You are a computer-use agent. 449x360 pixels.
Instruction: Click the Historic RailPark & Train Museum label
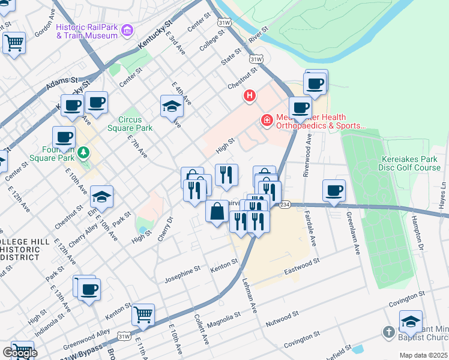pyautogui.click(x=86, y=31)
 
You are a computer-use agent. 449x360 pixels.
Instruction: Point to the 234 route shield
pyautogui.click(x=284, y=205)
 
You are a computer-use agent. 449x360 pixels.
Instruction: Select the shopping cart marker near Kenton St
pyautogui.click(x=143, y=314)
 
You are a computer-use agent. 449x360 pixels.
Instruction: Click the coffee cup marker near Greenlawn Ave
pyautogui.click(x=334, y=190)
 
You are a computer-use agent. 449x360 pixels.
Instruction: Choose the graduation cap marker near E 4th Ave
pyautogui.click(x=172, y=106)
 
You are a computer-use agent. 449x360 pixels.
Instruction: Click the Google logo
pyautogui.click(x=19, y=353)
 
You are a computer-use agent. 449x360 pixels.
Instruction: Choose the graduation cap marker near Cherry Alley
pyautogui.click(x=102, y=196)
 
